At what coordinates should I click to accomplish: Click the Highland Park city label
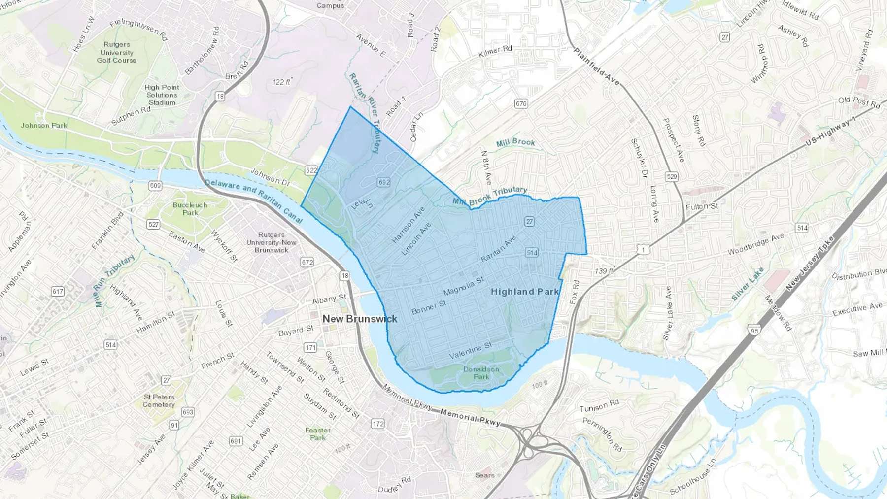525,292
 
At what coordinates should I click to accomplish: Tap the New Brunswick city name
360,319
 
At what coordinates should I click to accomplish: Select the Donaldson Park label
481,373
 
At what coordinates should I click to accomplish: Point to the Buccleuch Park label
190,209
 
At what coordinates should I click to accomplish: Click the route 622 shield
311,170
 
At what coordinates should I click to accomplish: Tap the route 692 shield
384,182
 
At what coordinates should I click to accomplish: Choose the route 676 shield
521,103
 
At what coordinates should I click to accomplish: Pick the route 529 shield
671,176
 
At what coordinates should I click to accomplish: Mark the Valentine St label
471,350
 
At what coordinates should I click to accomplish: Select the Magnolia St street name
463,286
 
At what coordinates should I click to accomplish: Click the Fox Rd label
575,292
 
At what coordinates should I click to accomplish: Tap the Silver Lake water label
748,284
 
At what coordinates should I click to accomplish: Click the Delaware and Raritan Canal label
253,201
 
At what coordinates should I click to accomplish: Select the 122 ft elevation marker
282,82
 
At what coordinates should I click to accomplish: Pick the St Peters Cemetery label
159,400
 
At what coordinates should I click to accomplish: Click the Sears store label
484,475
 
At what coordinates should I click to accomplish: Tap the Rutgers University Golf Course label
116,52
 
